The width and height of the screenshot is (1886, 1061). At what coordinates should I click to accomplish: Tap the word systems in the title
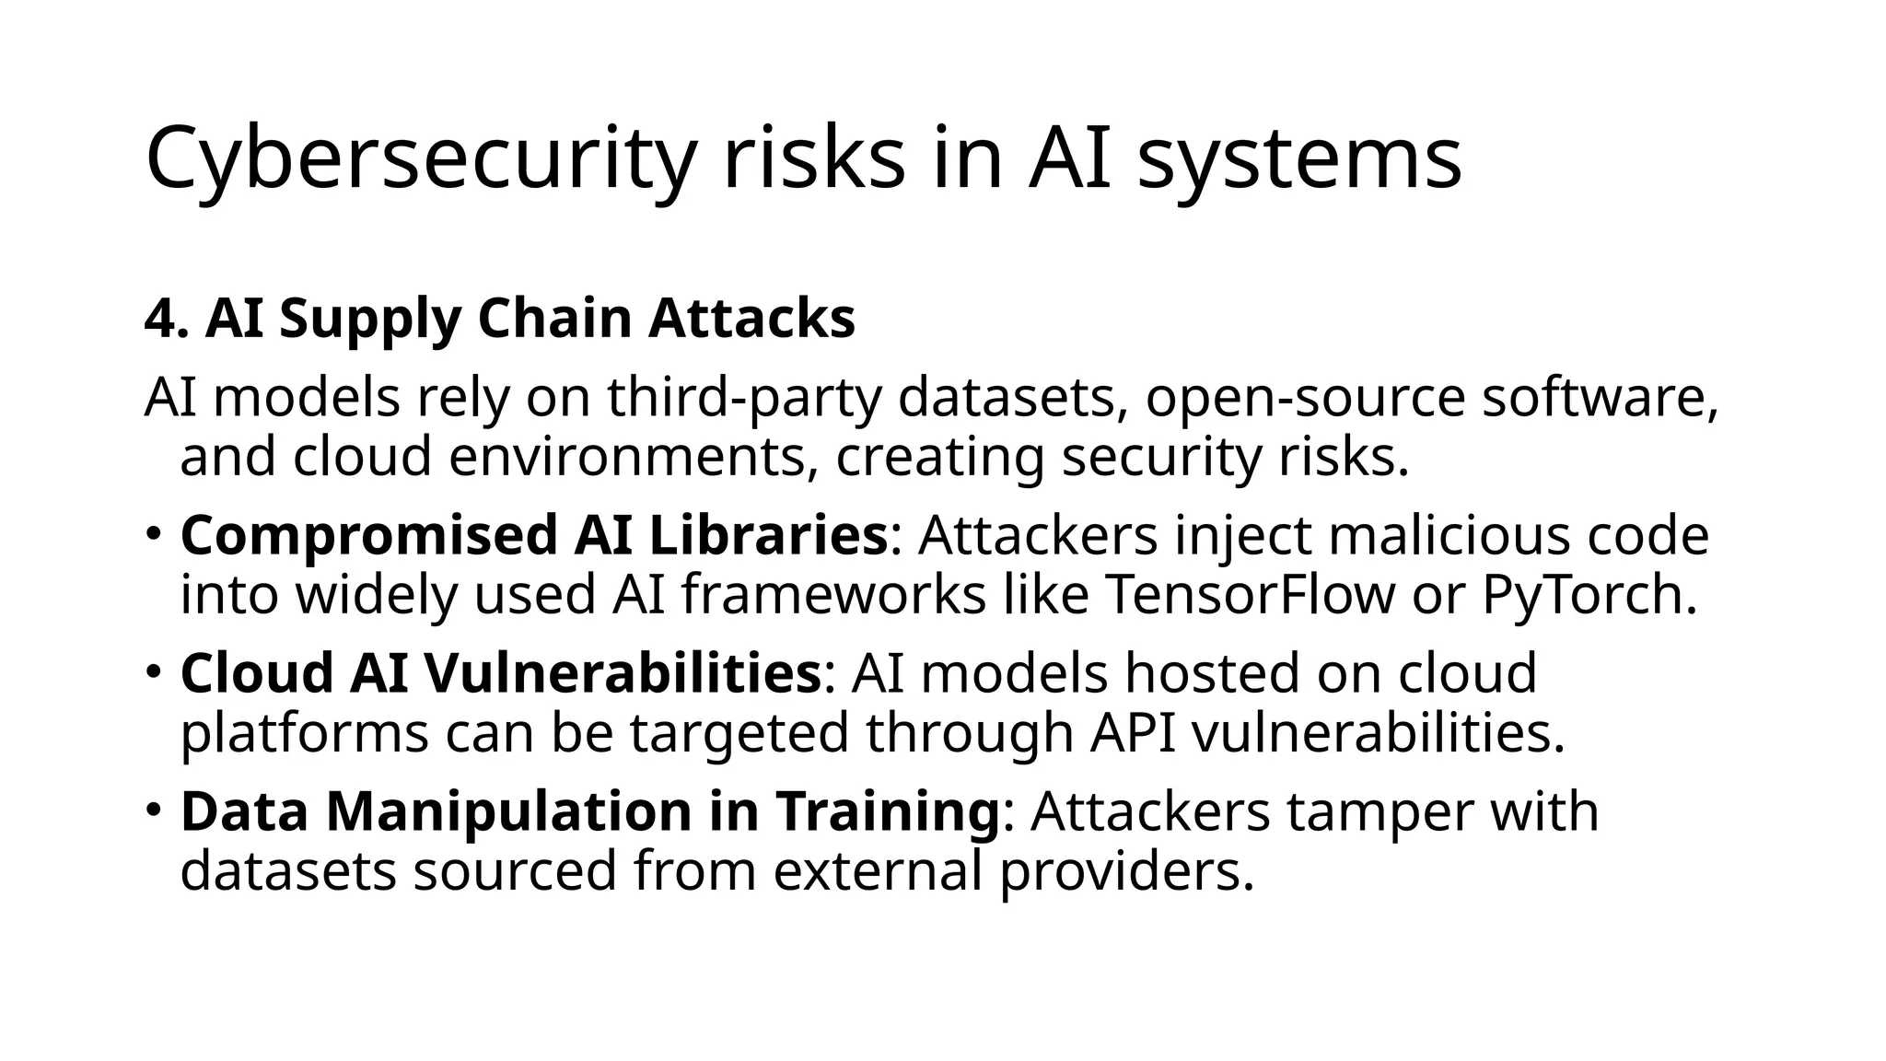pos(1298,158)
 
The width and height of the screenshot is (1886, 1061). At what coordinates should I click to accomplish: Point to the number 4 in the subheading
pos(159,319)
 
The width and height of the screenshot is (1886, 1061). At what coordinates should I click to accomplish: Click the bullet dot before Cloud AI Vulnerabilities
pos(153,670)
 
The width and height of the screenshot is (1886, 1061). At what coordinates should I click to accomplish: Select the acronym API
pos(1132,733)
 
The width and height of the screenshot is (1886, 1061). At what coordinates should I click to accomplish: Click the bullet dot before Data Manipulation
pos(153,808)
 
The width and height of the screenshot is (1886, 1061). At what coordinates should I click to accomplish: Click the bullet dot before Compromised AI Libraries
pos(153,532)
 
